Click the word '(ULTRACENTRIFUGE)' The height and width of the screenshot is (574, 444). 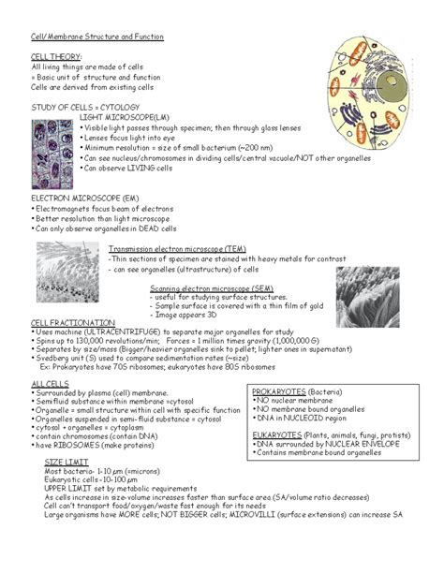(117, 331)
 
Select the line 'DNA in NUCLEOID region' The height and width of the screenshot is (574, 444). (299, 419)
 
